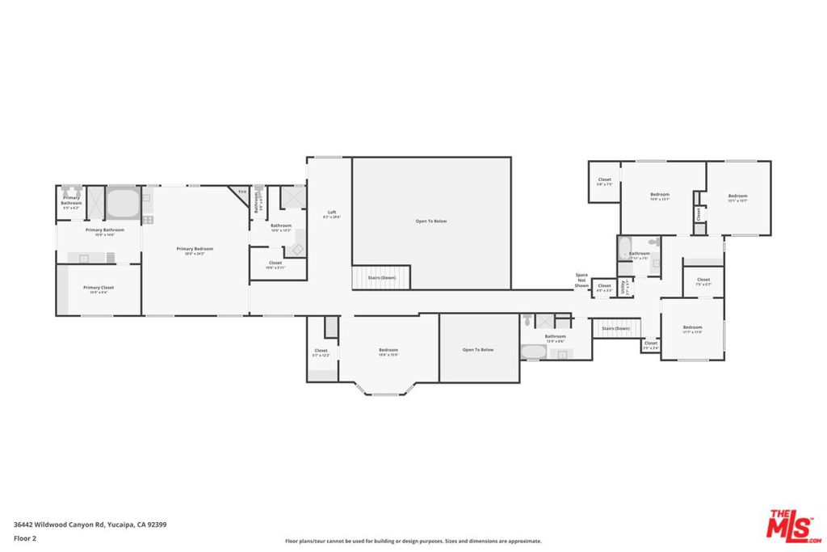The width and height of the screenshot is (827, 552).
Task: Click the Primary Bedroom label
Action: point(195,249)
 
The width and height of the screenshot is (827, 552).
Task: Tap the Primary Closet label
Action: point(98,288)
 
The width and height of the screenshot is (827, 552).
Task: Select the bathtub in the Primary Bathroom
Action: point(123,203)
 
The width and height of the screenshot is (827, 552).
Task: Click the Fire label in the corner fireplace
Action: point(241,192)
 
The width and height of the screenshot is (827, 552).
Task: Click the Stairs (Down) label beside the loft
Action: point(381,277)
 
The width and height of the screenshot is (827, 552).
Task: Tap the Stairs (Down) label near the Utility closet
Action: point(615,328)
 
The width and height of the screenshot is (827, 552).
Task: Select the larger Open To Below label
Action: point(430,221)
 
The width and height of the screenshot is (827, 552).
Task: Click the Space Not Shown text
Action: point(581,280)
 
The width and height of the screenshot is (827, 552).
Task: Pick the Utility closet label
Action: point(623,287)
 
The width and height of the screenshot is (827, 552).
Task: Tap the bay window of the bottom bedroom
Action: point(384,393)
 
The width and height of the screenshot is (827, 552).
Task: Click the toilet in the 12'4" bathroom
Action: point(528,319)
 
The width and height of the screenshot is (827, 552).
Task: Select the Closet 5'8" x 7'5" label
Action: point(604,181)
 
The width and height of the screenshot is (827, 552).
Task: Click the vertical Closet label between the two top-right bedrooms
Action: point(699,213)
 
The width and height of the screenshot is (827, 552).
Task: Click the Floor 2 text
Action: point(24,537)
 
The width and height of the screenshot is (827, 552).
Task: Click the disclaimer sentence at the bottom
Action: point(413,541)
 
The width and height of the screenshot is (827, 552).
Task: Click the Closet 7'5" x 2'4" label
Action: point(650,345)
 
